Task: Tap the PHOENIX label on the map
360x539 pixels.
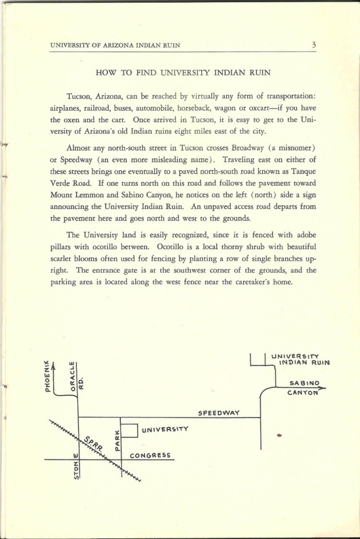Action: coord(48,377)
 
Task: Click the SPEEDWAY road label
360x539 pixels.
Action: coord(218,412)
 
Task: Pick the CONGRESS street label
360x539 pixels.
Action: coord(150,456)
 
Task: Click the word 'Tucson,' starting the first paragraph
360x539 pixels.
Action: coord(81,95)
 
